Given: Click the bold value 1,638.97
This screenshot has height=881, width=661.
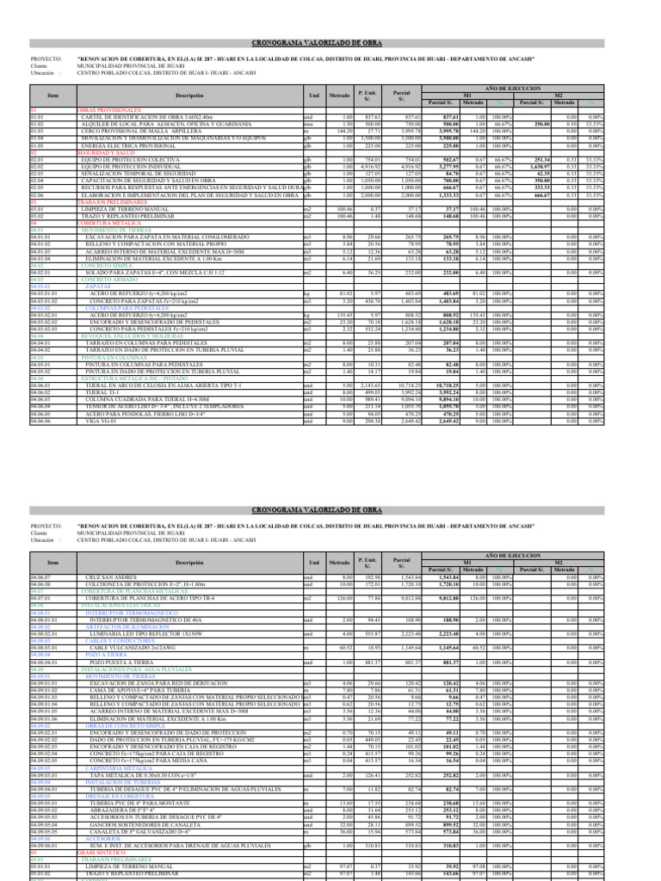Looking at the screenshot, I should coord(540,165).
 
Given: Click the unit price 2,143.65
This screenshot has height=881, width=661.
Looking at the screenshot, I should coord(369,385).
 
